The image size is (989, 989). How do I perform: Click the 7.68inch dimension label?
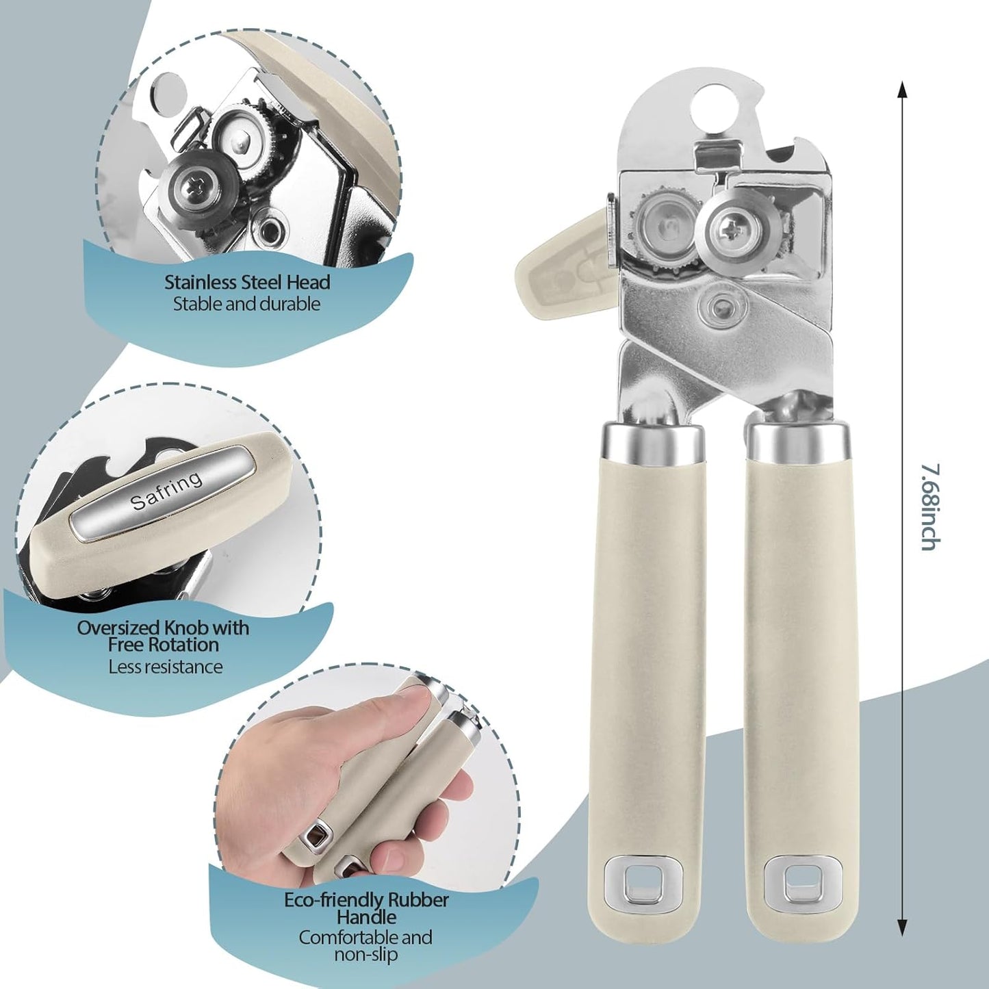click(x=929, y=506)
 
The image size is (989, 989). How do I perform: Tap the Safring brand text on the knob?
click(x=166, y=490)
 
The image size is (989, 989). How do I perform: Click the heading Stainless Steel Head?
click(x=247, y=282)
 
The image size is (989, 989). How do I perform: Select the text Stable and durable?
click(x=246, y=304)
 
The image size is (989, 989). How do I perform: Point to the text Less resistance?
click(x=166, y=667)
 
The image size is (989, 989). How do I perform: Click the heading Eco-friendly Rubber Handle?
click(x=366, y=908)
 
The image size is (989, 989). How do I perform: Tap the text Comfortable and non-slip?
click(x=365, y=945)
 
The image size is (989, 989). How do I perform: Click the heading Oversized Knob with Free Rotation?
click(x=163, y=636)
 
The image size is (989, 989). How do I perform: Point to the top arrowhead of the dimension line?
click(x=902, y=89)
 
